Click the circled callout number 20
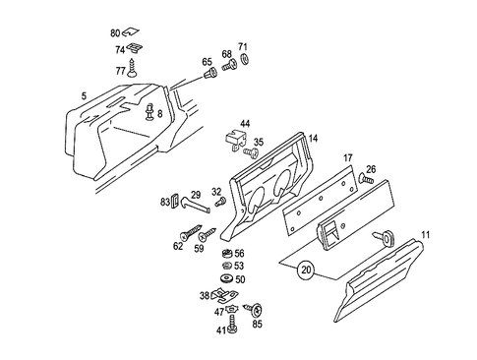[306, 268]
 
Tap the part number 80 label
[116, 31]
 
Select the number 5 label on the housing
[86, 95]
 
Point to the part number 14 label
[313, 140]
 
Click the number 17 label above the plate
[347, 157]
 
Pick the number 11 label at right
[425, 234]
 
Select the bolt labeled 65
[209, 74]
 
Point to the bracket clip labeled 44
[234, 139]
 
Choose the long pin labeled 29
[198, 208]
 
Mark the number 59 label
[198, 248]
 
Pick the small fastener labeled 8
[150, 111]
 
